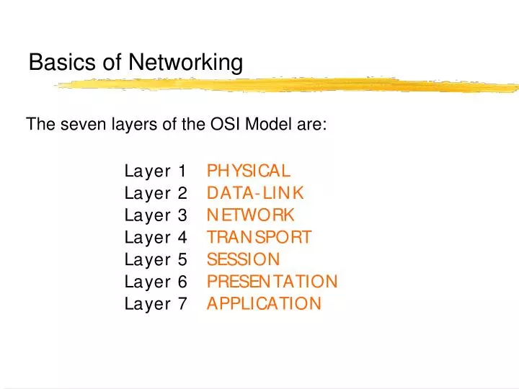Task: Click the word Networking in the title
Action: click(185, 63)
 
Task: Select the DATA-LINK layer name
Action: click(255, 193)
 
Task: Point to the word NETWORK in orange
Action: click(251, 215)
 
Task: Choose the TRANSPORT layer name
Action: click(259, 237)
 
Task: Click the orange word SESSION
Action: click(243, 259)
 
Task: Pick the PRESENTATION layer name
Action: click(272, 281)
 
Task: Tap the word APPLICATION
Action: click(264, 303)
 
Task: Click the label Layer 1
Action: click(156, 171)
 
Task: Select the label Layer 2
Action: click(156, 193)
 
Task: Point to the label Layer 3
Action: click(156, 215)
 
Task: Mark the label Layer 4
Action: click(156, 237)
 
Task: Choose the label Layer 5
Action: click(156, 259)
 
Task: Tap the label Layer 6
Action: click(156, 281)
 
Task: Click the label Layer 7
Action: click(156, 303)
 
